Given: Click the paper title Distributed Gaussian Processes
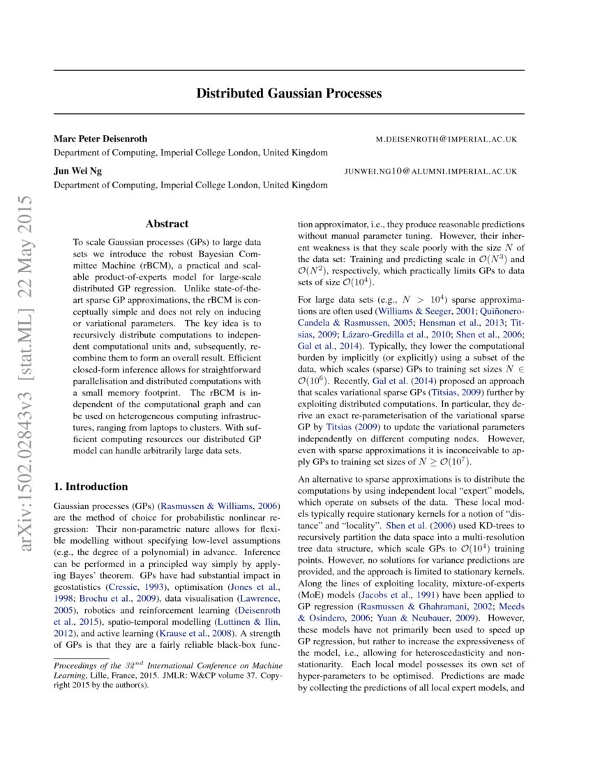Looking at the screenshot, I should pos(289,93).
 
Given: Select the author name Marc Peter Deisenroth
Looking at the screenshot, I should pos(100,139).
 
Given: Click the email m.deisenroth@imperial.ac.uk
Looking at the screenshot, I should pos(446,139).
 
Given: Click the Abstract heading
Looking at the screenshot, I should pos(167,224).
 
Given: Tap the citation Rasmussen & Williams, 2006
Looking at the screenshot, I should pos(220,506).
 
